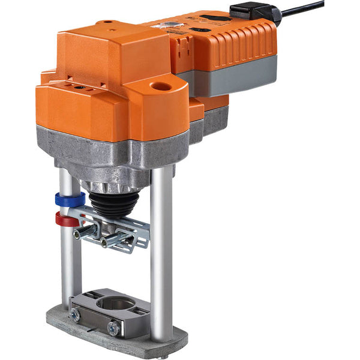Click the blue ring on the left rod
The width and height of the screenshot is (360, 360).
pyautogui.click(x=70, y=199)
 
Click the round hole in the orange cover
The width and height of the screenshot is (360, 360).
pyautogui.click(x=160, y=86)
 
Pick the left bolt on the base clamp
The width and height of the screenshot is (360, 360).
pyautogui.click(x=76, y=314)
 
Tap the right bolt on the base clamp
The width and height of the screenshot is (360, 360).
pyautogui.click(x=112, y=328)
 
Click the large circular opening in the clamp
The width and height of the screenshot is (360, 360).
pyautogui.click(x=115, y=304)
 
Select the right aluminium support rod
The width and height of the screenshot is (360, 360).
pyautogui.click(x=161, y=252)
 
